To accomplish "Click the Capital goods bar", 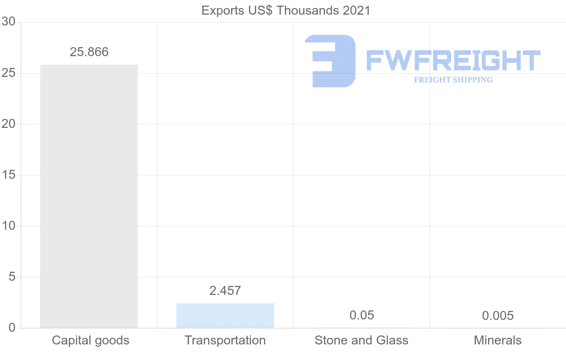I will [89, 196].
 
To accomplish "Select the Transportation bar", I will [225, 315].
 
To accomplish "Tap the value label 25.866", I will [89, 52].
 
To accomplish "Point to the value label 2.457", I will [225, 291].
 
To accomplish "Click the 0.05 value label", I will [362, 315].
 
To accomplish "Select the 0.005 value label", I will [498, 316].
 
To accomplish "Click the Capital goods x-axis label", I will [91, 340].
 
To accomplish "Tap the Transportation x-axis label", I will [225, 340].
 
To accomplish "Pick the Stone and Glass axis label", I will [361, 340].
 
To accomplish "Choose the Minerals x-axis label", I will [498, 340].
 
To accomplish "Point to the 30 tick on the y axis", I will [8, 22].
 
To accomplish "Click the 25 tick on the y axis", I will [8, 73].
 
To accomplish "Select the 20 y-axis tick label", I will [8, 124].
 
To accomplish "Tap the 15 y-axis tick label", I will [8, 175].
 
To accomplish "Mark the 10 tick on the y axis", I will [8, 226].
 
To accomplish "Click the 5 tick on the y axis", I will [12, 277].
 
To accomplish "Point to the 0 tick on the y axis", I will [12, 328].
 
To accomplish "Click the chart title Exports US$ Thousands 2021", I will [286, 10].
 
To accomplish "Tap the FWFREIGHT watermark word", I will [453, 60].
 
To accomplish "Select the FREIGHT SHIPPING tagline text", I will [453, 80].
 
